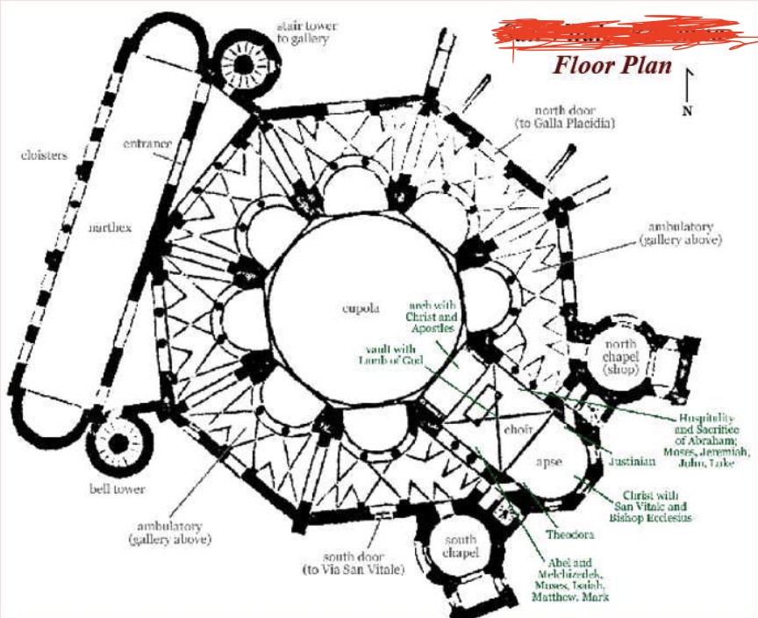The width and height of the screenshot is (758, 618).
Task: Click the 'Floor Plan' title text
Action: [612, 66]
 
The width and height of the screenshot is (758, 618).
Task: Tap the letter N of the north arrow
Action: [687, 110]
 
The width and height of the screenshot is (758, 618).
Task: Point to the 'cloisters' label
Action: [44, 156]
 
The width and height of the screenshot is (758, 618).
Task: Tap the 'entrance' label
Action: [147, 143]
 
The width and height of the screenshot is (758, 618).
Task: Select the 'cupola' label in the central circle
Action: [361, 308]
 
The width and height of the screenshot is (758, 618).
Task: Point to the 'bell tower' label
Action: [116, 488]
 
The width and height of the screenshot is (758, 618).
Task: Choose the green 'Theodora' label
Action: [570, 534]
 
